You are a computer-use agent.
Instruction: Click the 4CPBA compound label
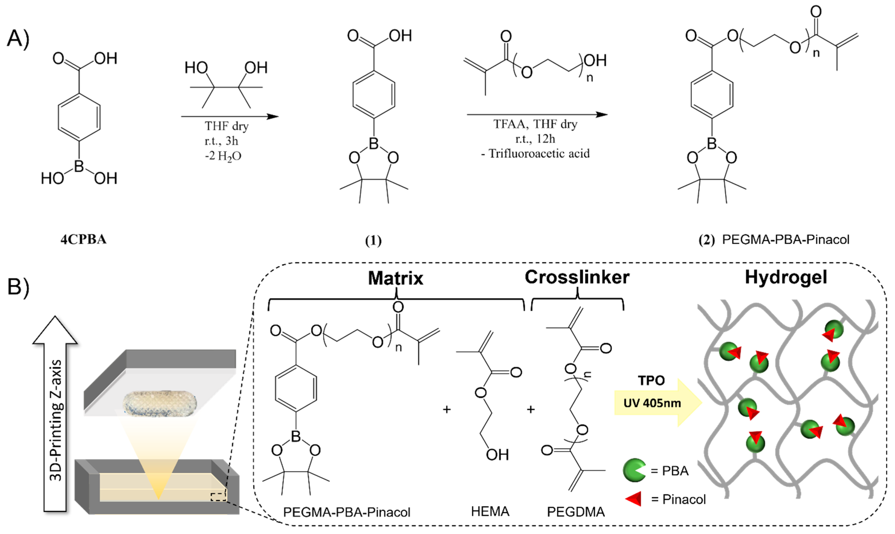coord(84,239)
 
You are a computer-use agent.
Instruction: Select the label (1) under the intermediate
coord(373,240)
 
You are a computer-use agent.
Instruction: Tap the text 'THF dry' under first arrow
coord(227,126)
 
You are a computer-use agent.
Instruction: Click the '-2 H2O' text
coord(223,156)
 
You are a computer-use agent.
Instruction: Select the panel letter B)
coord(18,287)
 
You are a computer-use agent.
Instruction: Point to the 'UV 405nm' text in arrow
coord(652,403)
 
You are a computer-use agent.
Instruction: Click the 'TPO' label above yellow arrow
coord(651,380)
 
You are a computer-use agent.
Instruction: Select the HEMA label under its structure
coord(490,511)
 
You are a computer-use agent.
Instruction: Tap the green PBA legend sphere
coord(634,470)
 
